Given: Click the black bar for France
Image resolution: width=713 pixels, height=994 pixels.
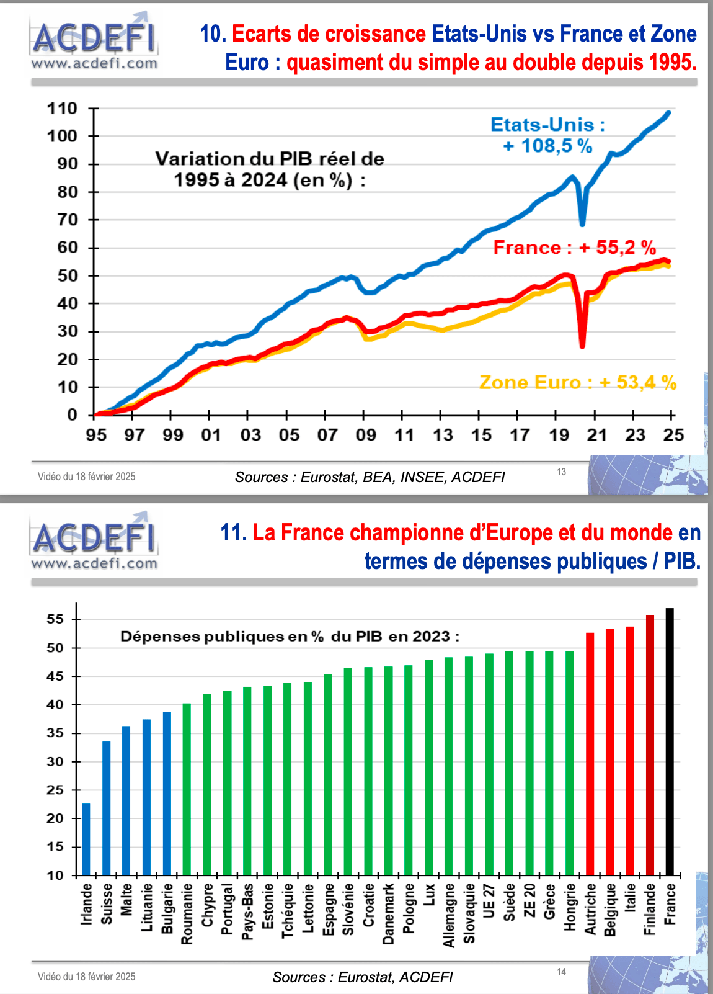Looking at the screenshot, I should tap(670, 741).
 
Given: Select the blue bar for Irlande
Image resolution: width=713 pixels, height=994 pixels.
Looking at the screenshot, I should tap(86, 839).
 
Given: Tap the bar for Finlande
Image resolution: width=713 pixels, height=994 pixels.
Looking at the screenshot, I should tap(650, 745).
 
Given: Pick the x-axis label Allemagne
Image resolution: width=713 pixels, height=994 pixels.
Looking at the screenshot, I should tap(449, 915).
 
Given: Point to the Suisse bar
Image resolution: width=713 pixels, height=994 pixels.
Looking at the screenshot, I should tap(107, 808).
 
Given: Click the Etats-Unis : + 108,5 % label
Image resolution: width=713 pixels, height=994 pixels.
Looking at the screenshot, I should tap(548, 135).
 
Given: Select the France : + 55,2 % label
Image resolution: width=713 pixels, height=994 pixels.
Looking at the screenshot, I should tap(574, 248).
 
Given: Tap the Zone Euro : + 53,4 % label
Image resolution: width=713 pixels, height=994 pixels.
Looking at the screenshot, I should tap(577, 382).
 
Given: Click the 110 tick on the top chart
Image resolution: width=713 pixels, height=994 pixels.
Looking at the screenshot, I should tap(62, 109).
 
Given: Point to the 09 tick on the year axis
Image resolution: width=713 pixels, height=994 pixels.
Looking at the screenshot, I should tap(366, 435).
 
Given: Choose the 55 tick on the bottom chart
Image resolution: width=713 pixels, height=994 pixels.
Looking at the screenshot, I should tap(55, 619).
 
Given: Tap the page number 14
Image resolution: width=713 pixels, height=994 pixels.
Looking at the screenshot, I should tap(561, 972).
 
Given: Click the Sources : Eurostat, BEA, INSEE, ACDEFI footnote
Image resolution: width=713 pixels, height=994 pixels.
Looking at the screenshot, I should tap(370, 477).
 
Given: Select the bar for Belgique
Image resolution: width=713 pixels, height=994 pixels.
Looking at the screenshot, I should tap(609, 752).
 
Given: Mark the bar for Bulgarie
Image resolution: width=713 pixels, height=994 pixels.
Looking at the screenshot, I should tap(167, 794).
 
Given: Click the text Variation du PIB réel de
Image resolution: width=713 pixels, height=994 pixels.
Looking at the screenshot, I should tap(270, 159).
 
